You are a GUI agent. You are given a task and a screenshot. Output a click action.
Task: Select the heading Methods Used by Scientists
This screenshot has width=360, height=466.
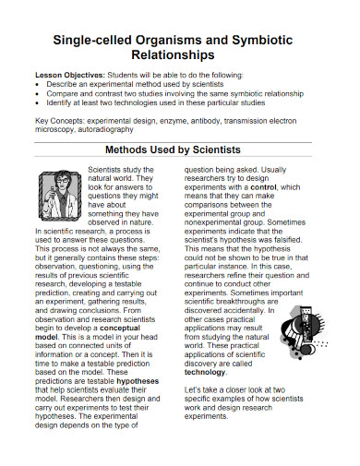[x=179, y=148]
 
